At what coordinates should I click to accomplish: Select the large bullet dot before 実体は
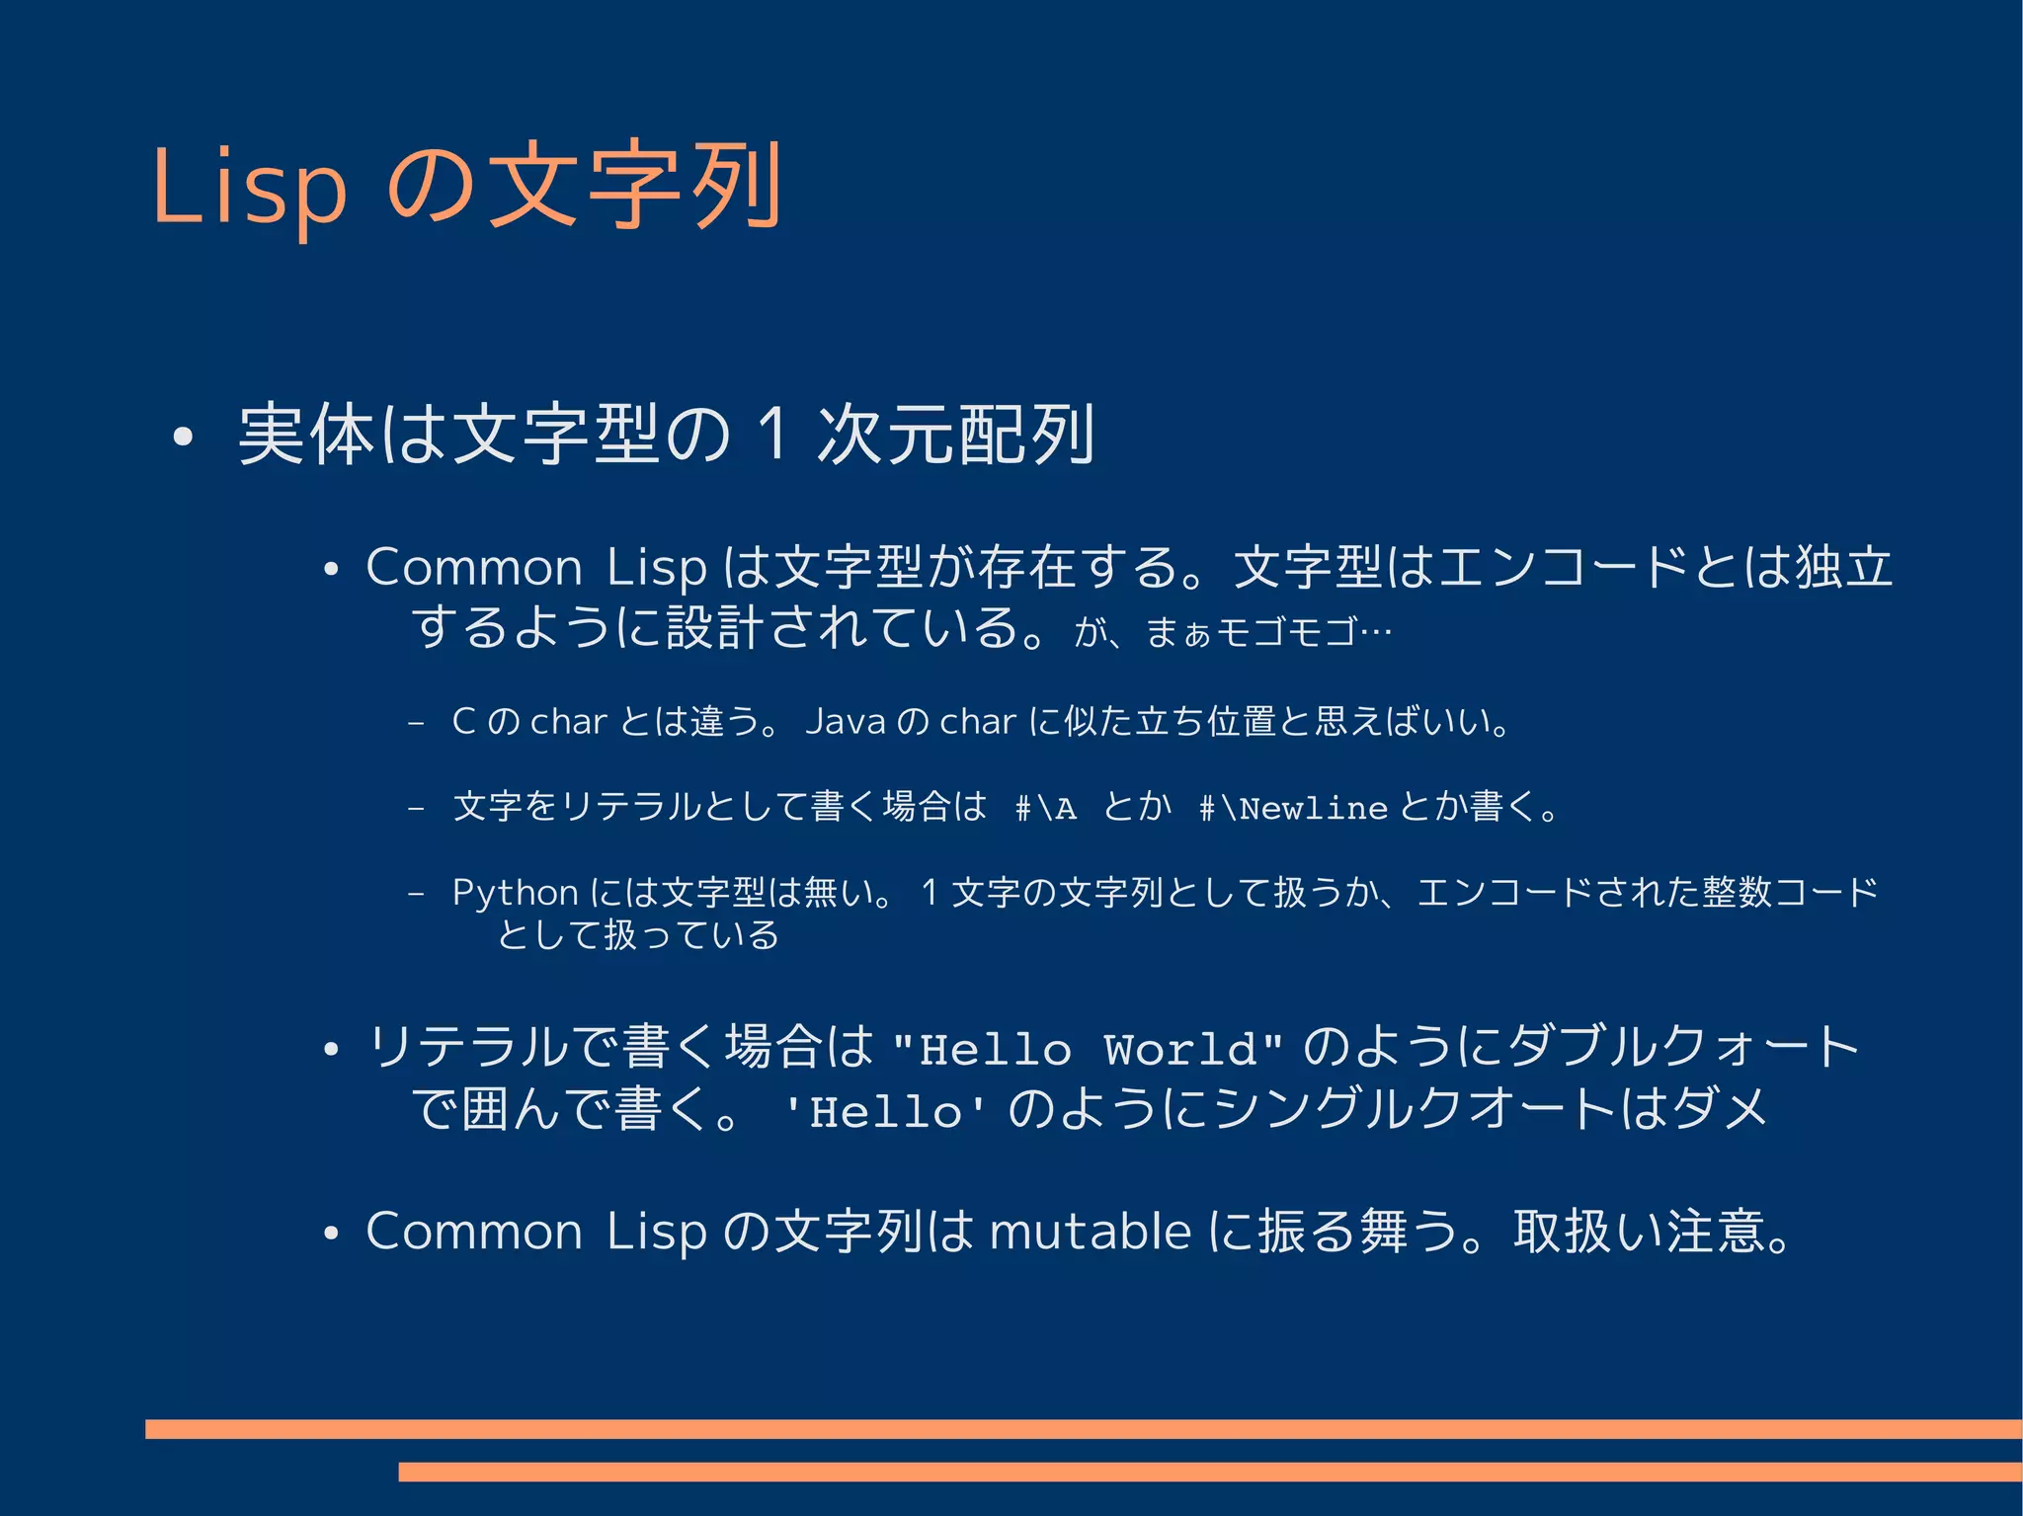click(181, 437)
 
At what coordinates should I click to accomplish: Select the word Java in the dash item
click(845, 722)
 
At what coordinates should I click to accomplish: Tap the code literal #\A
click(1045, 809)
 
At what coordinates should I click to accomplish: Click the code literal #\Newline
click(1293, 809)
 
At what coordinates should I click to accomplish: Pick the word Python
click(515, 893)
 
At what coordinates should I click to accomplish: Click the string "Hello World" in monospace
click(1088, 1049)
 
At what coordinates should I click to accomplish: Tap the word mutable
click(1091, 1232)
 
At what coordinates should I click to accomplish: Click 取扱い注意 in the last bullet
click(1639, 1232)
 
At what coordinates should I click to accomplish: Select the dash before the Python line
click(416, 894)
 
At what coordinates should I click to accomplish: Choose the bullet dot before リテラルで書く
click(331, 1049)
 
